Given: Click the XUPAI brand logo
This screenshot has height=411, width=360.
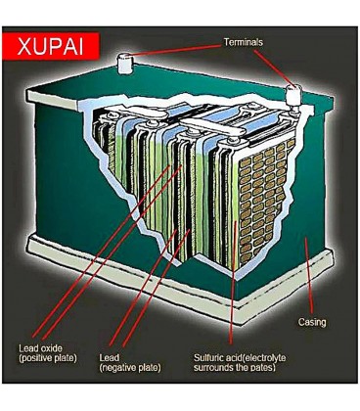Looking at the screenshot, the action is [51, 46].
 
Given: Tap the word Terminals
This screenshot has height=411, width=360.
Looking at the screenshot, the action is [244, 42].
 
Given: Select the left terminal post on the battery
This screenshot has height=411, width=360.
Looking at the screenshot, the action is [124, 63].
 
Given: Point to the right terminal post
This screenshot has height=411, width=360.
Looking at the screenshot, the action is [294, 96].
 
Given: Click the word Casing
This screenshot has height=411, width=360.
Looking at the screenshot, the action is [312, 322].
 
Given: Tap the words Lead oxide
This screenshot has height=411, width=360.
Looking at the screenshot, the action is [40, 348].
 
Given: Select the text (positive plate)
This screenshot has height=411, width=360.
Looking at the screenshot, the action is [48, 358].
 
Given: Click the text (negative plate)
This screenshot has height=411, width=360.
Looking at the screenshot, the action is [130, 368].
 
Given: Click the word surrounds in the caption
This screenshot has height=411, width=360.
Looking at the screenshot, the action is [213, 368].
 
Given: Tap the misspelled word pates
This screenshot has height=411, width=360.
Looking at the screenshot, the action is [263, 368].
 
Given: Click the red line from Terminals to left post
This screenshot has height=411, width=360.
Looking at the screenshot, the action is [176, 50].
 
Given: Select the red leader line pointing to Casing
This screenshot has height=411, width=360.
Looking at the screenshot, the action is [309, 276].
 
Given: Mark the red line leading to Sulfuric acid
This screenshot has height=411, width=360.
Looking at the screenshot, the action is [233, 282].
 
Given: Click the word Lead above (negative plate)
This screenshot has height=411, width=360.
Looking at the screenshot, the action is [110, 358].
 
